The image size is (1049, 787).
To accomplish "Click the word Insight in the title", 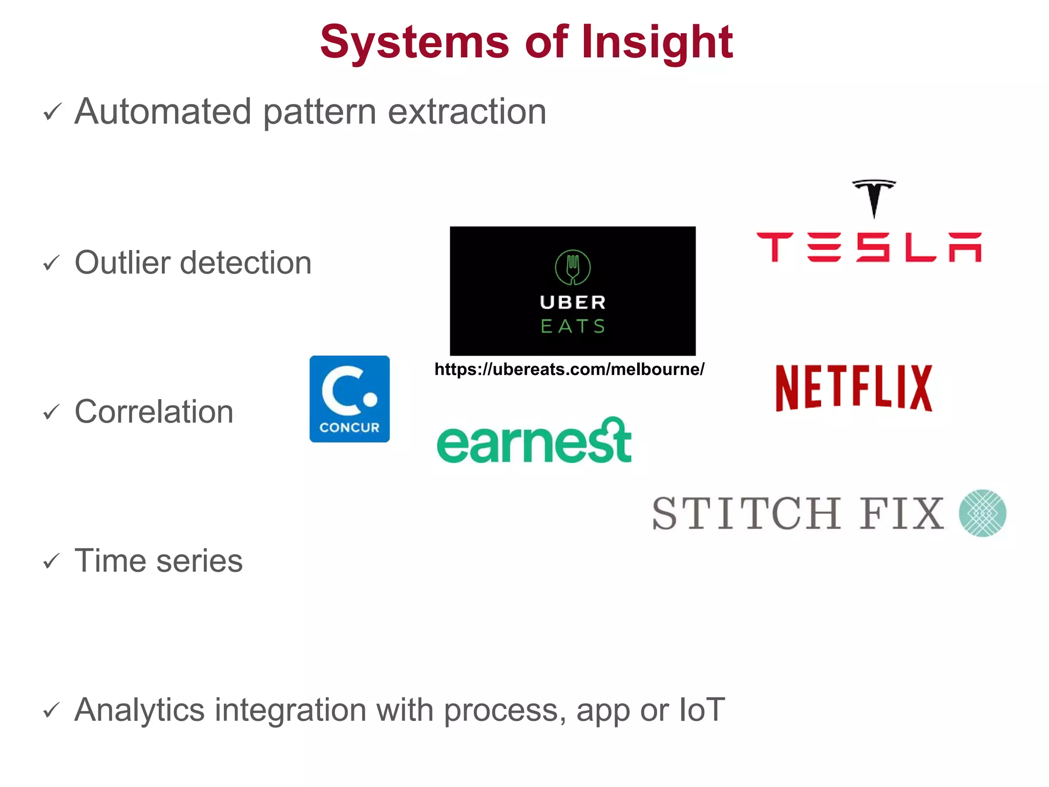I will [657, 42].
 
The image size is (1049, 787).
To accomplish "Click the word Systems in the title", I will [414, 42].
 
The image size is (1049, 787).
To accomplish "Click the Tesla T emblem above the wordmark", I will [874, 198].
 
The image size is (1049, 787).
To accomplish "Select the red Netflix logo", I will [854, 388].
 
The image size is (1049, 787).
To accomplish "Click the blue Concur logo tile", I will [349, 399].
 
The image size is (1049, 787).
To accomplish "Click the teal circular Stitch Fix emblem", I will [982, 513].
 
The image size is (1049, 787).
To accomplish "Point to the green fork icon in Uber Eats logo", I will [573, 267].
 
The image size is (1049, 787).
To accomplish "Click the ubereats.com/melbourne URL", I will [569, 369].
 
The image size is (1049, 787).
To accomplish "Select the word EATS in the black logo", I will [573, 326].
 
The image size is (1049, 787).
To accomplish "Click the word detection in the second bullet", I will [245, 262].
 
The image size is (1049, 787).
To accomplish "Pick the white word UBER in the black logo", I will [573, 302].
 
